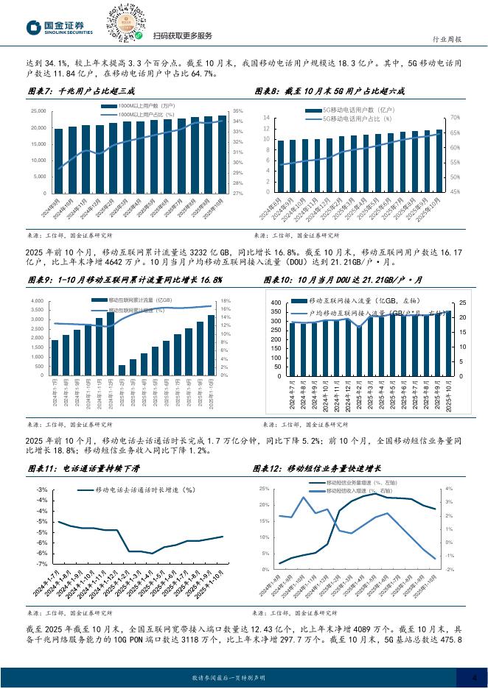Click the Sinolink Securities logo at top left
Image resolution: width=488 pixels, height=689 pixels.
(x=60, y=28)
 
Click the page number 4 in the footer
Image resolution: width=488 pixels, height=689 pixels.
(x=475, y=678)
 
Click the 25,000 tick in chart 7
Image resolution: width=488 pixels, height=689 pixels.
(x=39, y=110)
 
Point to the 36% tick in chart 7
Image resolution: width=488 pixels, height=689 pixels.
(x=238, y=110)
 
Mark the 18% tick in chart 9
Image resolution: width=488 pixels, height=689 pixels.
(x=226, y=301)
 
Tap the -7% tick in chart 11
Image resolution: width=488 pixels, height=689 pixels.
(x=43, y=564)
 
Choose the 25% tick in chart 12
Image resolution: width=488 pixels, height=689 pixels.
(x=264, y=489)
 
